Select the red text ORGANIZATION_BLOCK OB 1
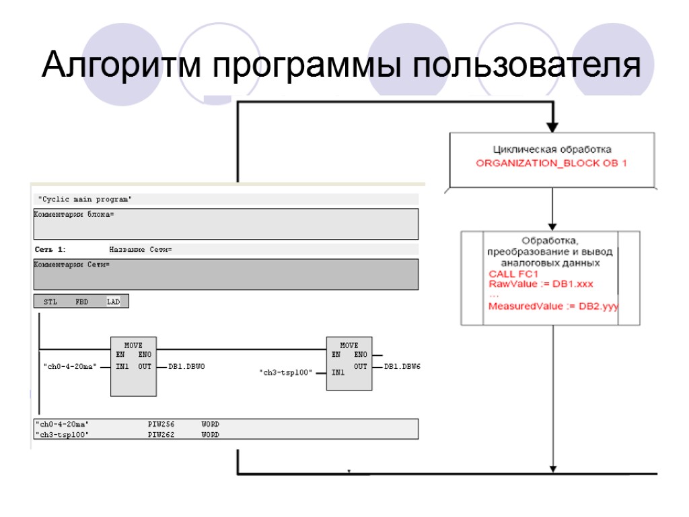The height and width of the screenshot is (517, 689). coord(551,164)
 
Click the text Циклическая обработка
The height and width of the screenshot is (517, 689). coord(552,149)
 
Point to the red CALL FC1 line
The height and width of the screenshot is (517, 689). coord(513,274)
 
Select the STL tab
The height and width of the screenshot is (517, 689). coord(50,302)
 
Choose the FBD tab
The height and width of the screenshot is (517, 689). coord(82,302)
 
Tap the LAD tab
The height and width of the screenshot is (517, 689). coord(113,302)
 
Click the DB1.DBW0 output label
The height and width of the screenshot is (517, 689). coord(186,367)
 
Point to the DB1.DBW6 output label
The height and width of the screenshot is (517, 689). coord(402,367)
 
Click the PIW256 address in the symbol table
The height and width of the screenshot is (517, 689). coord(161,425)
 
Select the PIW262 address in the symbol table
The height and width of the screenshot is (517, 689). coord(161,435)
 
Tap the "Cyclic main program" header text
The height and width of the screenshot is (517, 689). coord(85,199)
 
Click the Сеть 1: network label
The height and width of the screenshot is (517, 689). coord(50,250)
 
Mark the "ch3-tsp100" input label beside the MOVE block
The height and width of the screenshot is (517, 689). coord(286,372)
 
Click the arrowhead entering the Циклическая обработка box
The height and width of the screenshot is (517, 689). coord(552,126)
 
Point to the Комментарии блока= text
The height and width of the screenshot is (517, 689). coord(74,214)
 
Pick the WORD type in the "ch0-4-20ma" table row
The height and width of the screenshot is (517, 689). coord(210,425)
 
